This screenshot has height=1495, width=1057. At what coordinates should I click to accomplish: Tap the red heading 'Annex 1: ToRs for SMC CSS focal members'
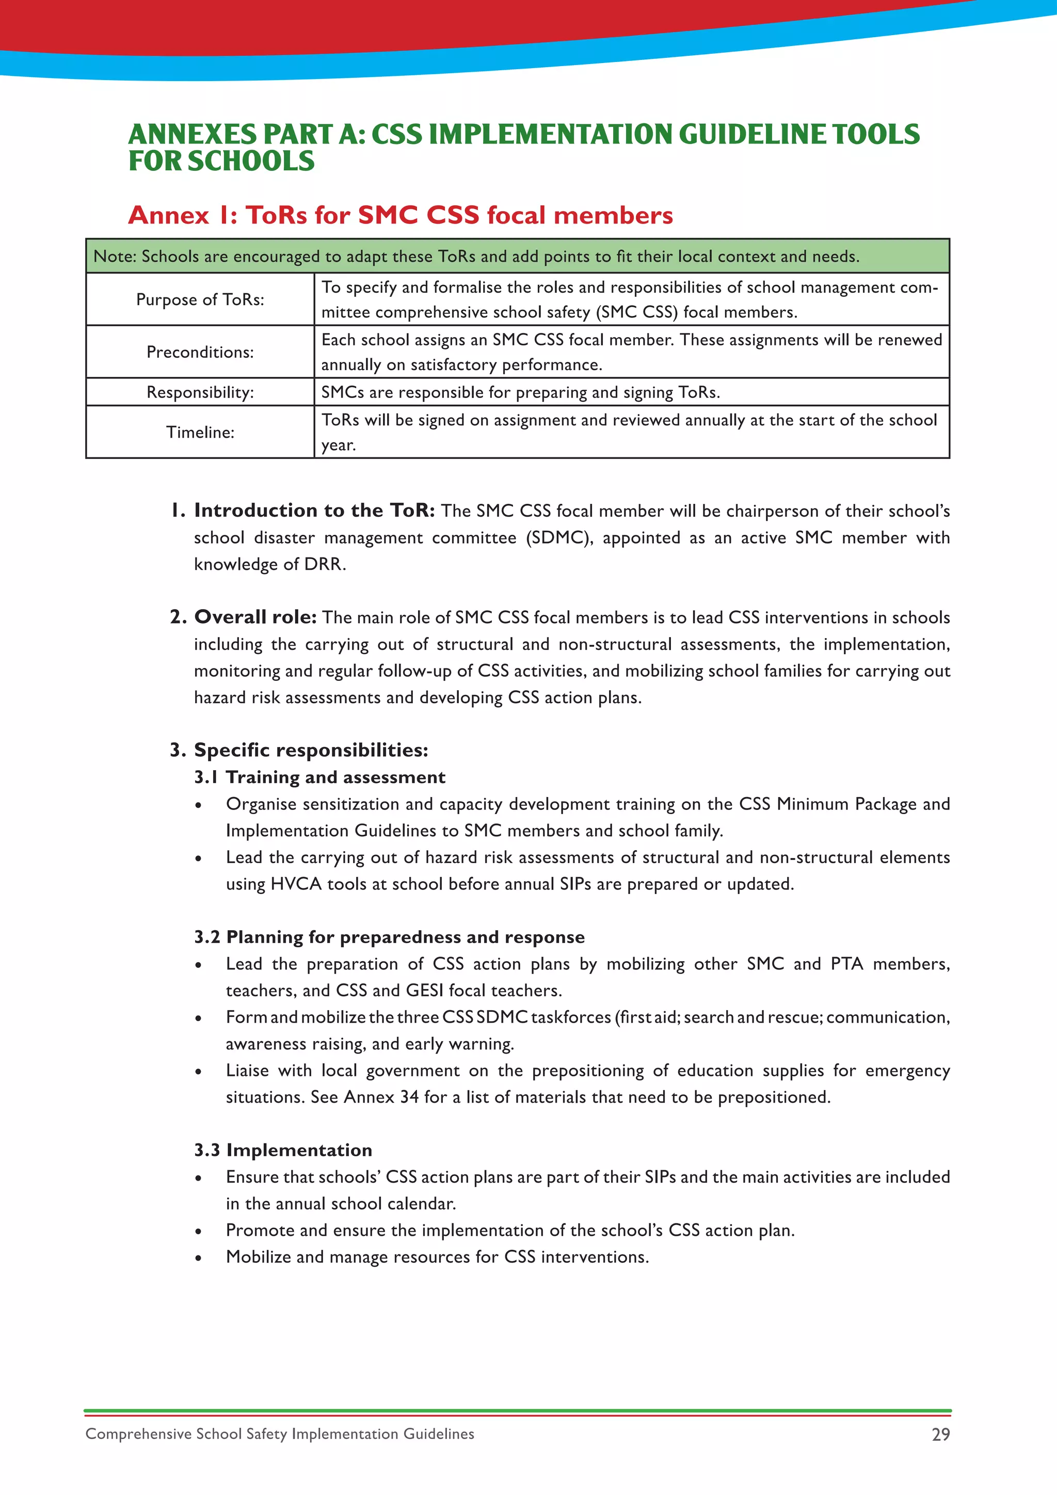(x=401, y=215)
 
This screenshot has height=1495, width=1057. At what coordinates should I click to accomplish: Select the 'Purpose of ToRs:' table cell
(x=200, y=299)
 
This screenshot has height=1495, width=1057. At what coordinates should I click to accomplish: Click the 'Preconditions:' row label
(x=200, y=352)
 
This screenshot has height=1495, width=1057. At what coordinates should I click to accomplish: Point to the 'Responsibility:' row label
(x=200, y=392)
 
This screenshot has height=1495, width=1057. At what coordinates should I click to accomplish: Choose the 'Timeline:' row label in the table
(x=200, y=433)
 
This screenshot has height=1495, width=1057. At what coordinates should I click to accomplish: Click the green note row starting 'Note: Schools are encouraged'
(x=518, y=257)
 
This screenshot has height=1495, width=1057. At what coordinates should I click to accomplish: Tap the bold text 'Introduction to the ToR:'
(x=314, y=511)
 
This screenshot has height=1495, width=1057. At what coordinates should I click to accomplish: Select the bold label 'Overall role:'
(x=255, y=616)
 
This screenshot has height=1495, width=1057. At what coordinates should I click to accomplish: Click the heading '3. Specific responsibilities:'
(x=299, y=750)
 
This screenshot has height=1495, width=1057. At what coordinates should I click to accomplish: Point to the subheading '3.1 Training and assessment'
(x=319, y=777)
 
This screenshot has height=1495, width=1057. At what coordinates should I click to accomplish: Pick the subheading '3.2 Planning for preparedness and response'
(x=389, y=937)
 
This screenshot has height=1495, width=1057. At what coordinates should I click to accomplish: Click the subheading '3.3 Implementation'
(x=283, y=1150)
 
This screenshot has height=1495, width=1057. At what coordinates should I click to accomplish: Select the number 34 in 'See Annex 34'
(x=409, y=1097)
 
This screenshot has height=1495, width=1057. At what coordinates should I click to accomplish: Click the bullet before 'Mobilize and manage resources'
(x=199, y=1258)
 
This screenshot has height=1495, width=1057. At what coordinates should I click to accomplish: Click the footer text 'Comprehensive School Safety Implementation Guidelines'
(x=280, y=1434)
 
